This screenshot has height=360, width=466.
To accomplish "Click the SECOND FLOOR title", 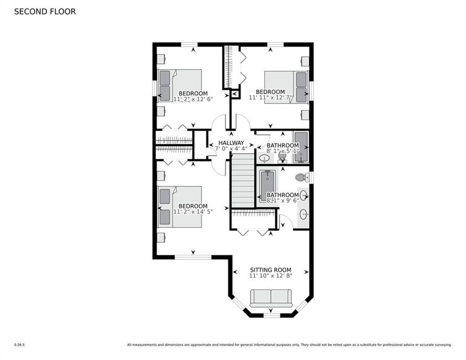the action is click(45, 12).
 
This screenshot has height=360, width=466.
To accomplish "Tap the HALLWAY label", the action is click(231, 143).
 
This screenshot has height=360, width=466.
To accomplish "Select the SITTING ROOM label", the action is click(270, 270).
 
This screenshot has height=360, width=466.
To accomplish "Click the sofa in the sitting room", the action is click(271, 298).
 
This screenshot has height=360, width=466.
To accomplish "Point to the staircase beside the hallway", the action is click(243, 181).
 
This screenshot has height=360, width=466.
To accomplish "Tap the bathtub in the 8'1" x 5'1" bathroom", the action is click(301, 148).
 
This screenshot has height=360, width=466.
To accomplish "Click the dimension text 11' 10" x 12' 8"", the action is click(270, 276).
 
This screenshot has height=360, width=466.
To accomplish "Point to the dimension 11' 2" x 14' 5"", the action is click(193, 212).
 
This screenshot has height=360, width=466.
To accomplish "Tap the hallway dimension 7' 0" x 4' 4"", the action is click(231, 149).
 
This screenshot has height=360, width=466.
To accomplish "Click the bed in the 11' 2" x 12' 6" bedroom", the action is click(179, 86).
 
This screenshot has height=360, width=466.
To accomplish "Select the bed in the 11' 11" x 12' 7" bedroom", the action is click(286, 87).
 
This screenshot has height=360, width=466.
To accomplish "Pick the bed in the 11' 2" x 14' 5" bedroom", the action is click(179, 207).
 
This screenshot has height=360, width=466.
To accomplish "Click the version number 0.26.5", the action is click(19, 345).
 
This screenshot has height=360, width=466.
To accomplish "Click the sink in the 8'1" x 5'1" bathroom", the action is click(264, 158).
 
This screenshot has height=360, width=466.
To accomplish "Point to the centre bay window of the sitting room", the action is click(272, 315).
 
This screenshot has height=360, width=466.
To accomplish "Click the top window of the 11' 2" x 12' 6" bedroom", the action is click(189, 45).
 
